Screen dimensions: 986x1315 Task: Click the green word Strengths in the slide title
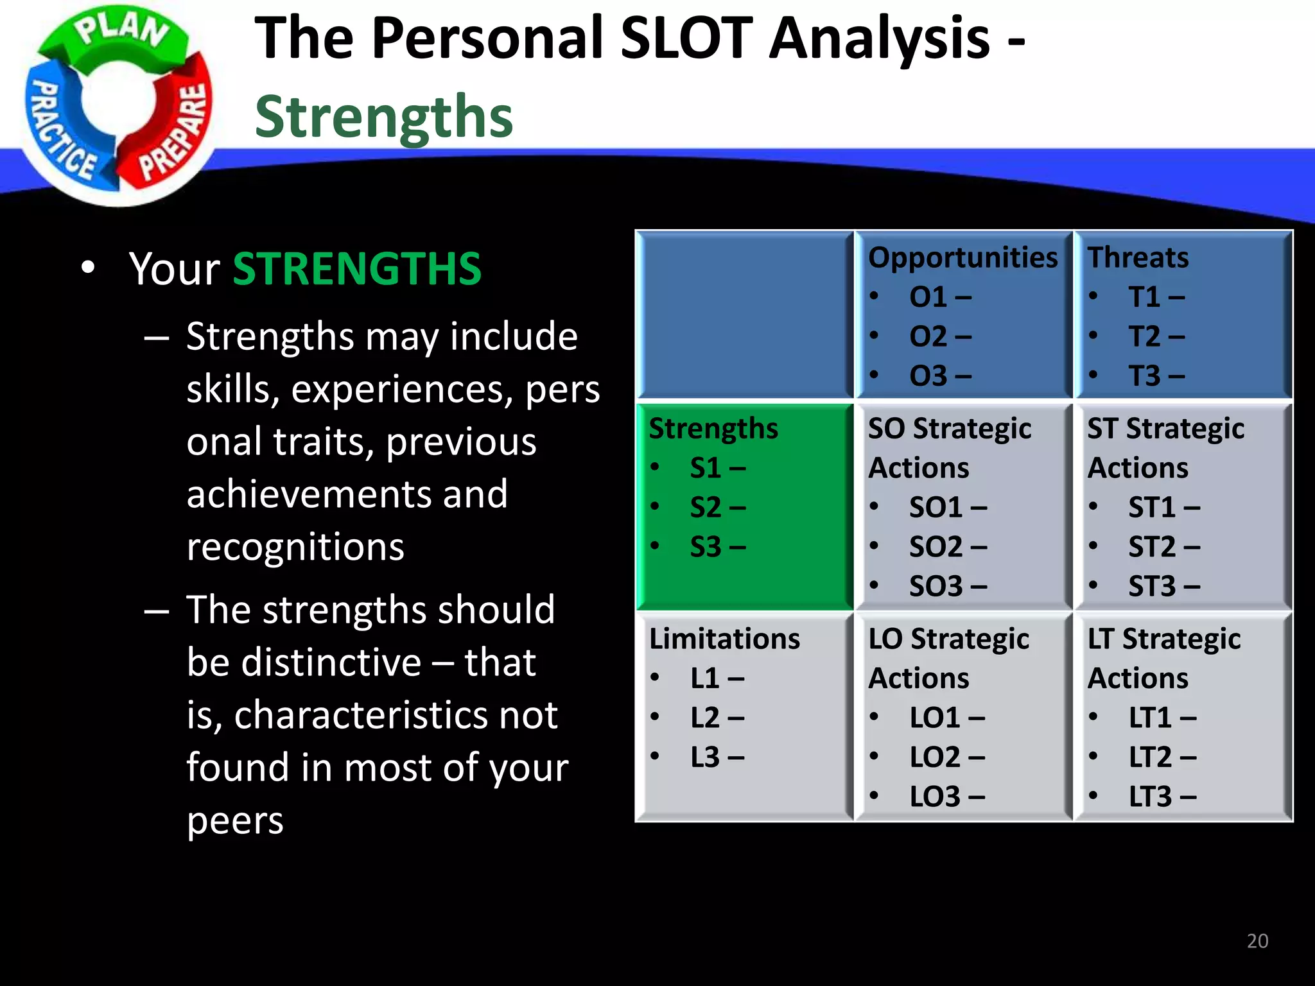click(384, 116)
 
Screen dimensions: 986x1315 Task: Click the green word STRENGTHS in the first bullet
click(357, 268)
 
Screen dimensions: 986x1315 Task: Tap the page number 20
click(1257, 941)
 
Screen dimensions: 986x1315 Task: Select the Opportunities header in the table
click(962, 257)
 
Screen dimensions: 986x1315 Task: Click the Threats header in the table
click(1137, 257)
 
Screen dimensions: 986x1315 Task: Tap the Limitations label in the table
click(724, 639)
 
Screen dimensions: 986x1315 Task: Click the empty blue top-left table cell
click(745, 315)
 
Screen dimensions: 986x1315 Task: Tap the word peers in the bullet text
click(235, 821)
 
